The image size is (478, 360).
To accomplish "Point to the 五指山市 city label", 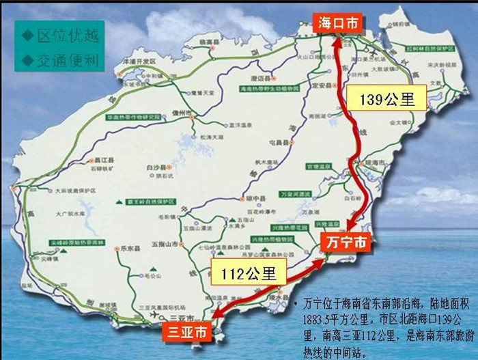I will (x=164, y=243).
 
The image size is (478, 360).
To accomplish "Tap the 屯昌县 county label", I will (x=281, y=142).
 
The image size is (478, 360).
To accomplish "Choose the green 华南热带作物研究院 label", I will (x=132, y=117).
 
